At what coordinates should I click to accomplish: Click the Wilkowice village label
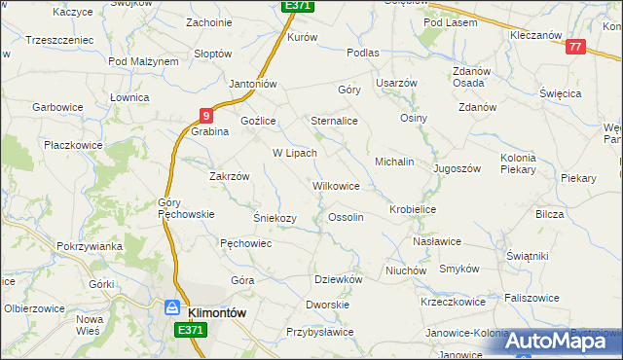click(x=336, y=185)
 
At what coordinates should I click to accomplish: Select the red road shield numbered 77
click(x=575, y=47)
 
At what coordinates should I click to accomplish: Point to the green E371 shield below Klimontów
click(x=192, y=331)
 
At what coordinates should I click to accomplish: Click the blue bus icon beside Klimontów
click(x=172, y=308)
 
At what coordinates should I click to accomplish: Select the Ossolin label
click(x=347, y=217)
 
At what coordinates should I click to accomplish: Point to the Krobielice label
click(x=413, y=209)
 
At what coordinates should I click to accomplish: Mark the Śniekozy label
click(x=275, y=218)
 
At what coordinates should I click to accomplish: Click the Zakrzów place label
click(x=231, y=176)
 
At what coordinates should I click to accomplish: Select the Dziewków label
click(x=339, y=278)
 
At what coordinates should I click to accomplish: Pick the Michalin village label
click(x=395, y=161)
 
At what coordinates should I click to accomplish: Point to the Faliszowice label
click(x=533, y=297)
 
